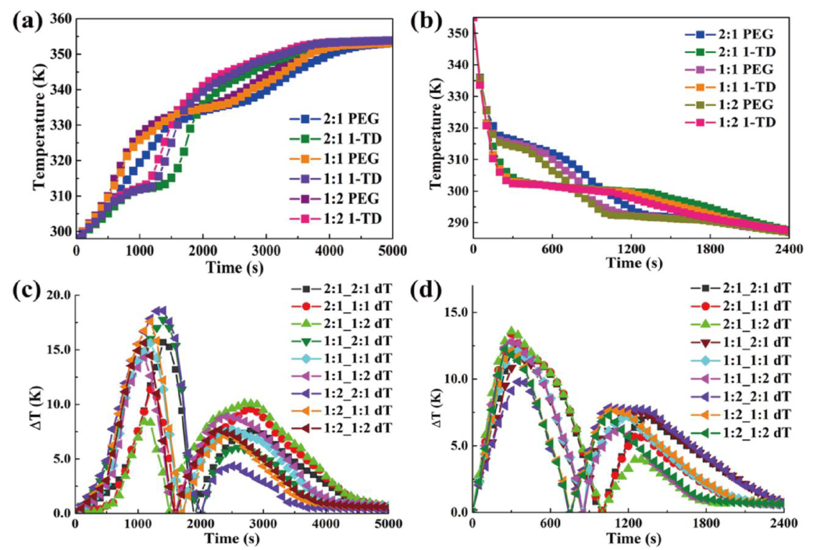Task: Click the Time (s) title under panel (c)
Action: pos(233,538)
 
